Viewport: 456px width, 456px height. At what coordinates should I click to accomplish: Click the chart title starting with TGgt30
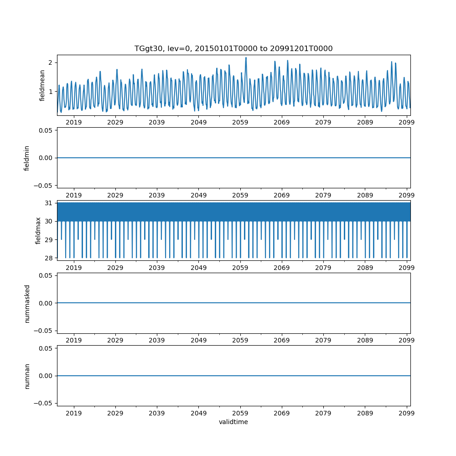coord(233,48)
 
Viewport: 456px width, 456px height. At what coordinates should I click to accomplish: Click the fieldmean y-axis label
coord(42,85)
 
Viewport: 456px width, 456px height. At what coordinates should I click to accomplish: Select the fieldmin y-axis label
coord(27,158)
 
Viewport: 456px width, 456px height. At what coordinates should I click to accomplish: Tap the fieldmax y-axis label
coord(38,230)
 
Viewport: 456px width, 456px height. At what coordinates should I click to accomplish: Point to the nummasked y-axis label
coord(27,303)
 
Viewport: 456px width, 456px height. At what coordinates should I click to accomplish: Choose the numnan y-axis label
coord(27,376)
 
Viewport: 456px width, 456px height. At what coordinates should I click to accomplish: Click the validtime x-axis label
coord(233,422)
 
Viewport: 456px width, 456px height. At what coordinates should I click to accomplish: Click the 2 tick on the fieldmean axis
coord(51,62)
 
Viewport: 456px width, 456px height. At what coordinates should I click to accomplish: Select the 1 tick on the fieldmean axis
coord(51,92)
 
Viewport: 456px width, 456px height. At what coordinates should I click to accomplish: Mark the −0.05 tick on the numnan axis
coord(44,403)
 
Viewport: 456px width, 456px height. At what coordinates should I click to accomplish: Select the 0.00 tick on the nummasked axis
coord(46,303)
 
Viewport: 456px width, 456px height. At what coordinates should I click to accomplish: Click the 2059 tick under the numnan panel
coord(240,413)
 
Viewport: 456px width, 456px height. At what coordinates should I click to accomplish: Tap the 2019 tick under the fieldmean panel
coord(74,122)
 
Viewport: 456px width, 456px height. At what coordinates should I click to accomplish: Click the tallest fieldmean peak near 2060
coord(246,58)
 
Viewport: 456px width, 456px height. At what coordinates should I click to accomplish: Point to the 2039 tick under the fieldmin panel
coord(157,195)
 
